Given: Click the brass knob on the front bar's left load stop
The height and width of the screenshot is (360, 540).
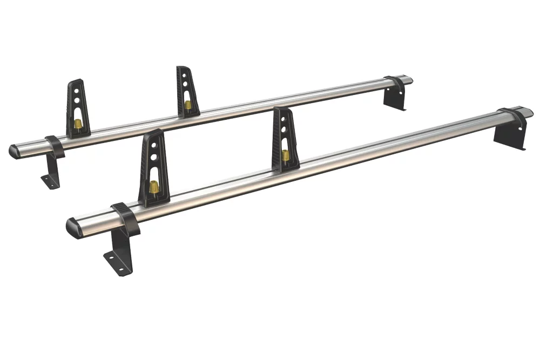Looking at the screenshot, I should (x=154, y=187).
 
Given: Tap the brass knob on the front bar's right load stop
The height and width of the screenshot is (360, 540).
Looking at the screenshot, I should (x=285, y=155).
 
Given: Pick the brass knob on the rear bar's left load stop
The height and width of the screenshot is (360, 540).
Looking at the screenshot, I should (x=78, y=124).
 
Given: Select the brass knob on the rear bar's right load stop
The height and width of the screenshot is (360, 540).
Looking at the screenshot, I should (x=187, y=105).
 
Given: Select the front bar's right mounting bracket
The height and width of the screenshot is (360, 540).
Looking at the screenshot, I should (x=510, y=134).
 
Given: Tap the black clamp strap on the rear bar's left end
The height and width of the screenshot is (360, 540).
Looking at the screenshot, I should (x=55, y=146).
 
